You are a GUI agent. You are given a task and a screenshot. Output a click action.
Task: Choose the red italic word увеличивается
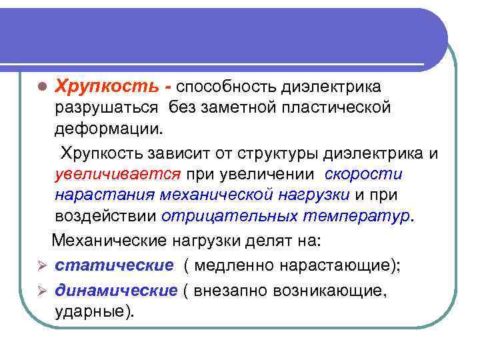click(x=118, y=175)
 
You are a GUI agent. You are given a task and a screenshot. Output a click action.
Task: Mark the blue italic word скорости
click(x=364, y=175)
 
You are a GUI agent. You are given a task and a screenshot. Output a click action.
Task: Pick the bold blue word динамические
click(x=116, y=291)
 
